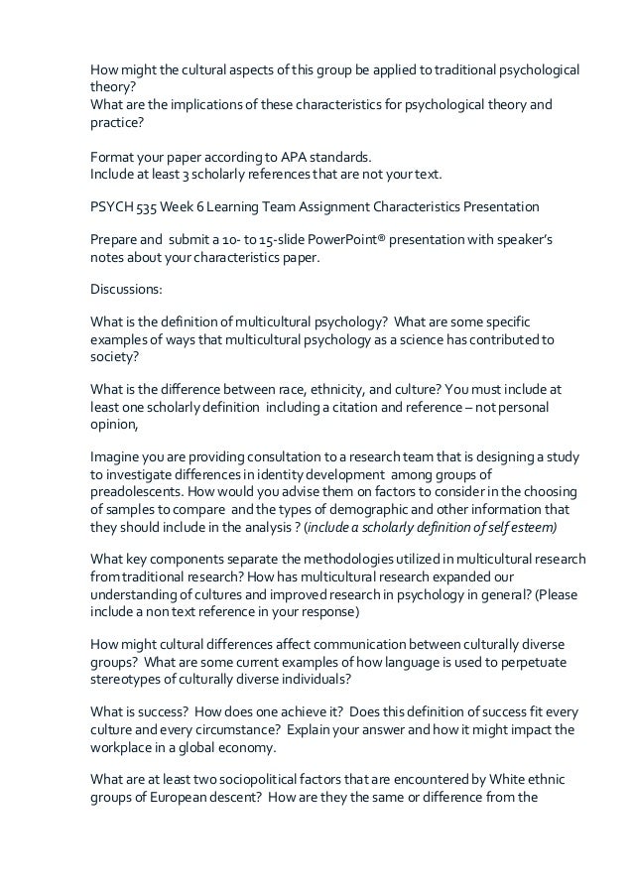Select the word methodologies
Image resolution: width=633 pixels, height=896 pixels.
tap(359, 559)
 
